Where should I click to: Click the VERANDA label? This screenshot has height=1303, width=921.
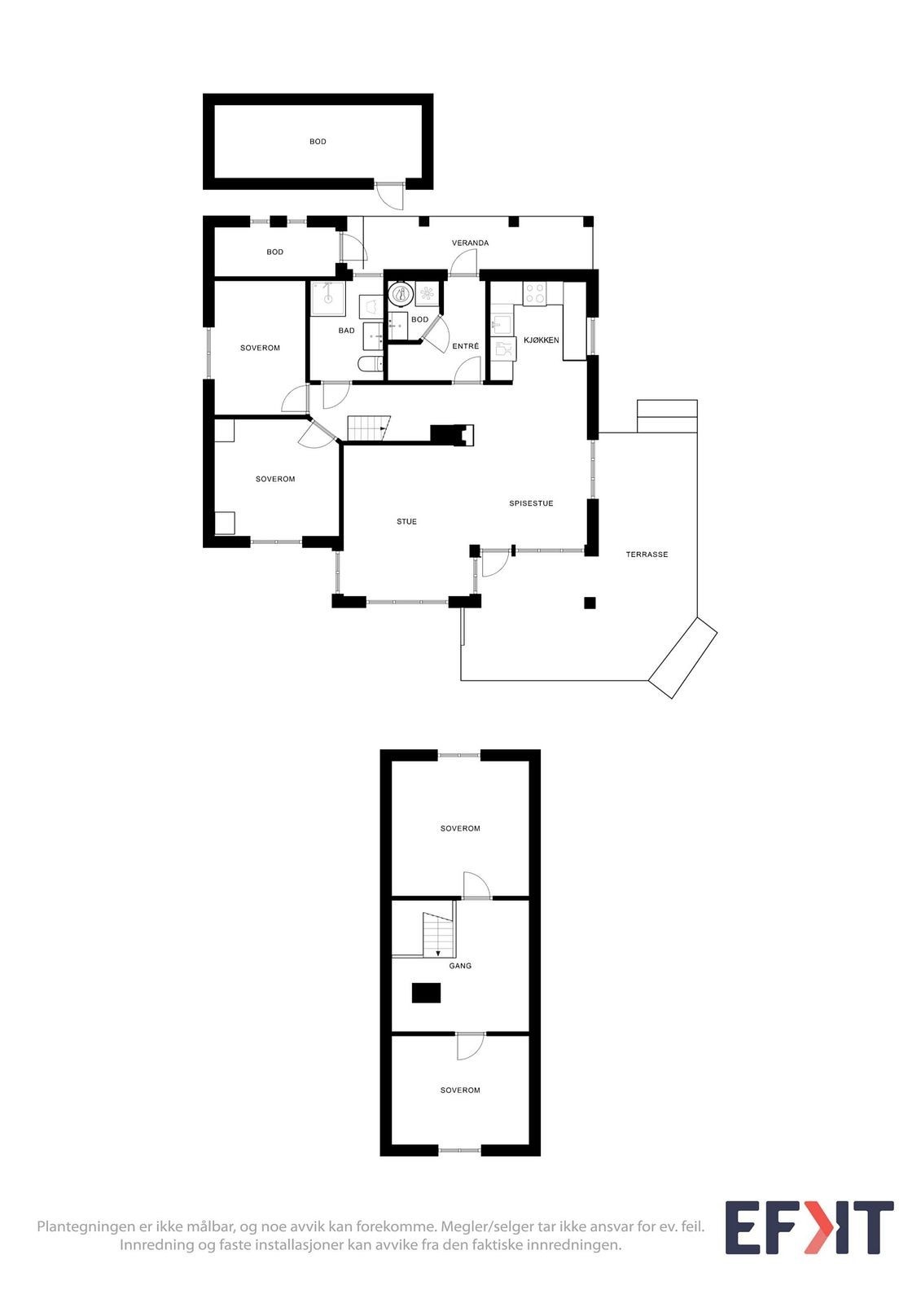point(470,243)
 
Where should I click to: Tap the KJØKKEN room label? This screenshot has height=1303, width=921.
point(541,340)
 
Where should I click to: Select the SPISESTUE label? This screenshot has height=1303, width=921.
point(531,504)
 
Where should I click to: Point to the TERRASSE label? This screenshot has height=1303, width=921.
point(647,555)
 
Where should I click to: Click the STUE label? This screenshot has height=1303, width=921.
point(406,522)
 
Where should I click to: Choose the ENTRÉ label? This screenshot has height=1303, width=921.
point(465,347)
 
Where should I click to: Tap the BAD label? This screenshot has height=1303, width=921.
point(346,331)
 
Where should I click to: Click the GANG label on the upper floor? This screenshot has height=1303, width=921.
point(460,966)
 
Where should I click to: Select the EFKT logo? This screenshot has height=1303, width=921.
point(809,1227)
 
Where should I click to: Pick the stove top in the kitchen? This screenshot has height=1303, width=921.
point(535,293)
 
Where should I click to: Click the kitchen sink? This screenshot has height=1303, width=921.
point(501,325)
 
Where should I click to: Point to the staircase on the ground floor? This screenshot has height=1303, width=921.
point(369,428)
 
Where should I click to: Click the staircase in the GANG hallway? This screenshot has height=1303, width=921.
point(438,935)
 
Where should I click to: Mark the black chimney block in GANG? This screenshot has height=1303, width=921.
point(426,993)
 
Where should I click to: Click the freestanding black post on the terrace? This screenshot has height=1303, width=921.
point(590,603)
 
